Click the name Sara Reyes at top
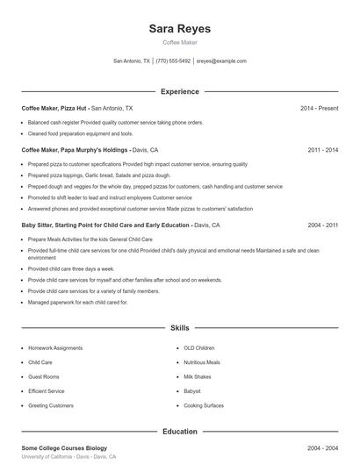click(x=180, y=29)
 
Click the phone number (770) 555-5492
click(x=173, y=61)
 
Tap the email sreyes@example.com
click(x=221, y=61)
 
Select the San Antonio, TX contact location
click(x=132, y=61)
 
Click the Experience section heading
click(x=179, y=91)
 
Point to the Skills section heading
click(x=179, y=327)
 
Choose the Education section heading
click(x=179, y=432)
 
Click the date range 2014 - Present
click(x=319, y=108)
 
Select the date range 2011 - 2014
click(x=322, y=150)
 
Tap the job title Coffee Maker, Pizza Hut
click(x=54, y=108)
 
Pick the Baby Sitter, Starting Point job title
click(x=104, y=225)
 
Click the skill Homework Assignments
click(x=54, y=347)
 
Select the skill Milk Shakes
click(x=198, y=376)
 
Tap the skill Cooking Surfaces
click(x=204, y=405)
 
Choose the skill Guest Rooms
click(x=45, y=376)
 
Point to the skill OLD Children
click(x=199, y=347)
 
